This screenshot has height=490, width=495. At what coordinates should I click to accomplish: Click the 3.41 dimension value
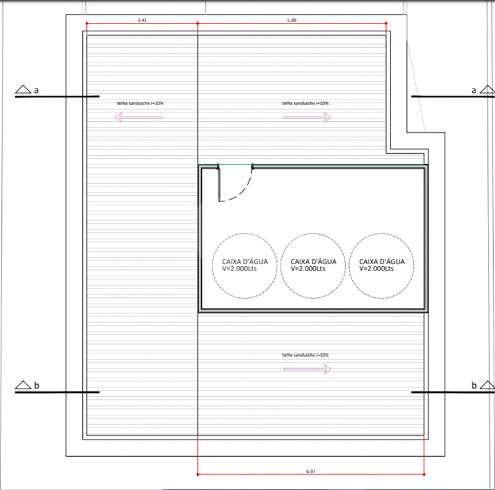click(142, 20)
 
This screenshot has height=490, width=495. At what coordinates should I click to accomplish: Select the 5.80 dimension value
click(292, 20)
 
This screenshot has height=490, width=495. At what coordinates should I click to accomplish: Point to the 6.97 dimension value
click(311, 471)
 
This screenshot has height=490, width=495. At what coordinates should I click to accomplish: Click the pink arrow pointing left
click(138, 117)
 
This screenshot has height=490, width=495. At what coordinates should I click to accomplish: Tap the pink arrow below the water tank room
click(307, 369)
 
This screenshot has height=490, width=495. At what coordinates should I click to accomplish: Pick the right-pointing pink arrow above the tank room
click(307, 117)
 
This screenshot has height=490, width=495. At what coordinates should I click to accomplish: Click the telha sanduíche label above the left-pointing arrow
click(140, 103)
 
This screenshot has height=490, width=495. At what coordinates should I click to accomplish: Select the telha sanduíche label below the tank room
click(306, 355)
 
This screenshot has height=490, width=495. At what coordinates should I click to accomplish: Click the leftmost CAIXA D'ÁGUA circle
click(245, 234)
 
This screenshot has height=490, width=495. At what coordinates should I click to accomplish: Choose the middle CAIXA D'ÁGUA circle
click(313, 234)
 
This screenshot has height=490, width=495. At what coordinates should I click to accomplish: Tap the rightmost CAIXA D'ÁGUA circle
click(381, 234)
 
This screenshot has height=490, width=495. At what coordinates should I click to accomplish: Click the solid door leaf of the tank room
click(219, 184)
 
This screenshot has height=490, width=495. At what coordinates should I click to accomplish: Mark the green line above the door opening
click(235, 164)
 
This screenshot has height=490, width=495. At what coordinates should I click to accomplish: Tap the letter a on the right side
click(473, 91)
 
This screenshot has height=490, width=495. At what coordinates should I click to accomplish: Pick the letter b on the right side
click(474, 385)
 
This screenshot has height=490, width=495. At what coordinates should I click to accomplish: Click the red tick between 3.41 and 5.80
click(198, 24)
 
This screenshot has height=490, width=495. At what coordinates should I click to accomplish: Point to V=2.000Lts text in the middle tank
click(308, 269)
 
